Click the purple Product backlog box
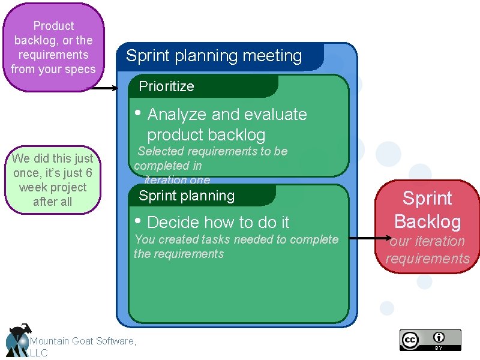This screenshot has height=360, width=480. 53,47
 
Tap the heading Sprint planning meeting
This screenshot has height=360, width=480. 214,56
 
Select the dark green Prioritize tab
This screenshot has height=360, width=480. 167,86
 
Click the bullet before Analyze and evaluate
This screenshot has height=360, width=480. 138,113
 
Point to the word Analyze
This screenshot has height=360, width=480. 173,115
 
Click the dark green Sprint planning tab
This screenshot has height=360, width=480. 187,196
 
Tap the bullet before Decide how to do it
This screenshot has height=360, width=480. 138,221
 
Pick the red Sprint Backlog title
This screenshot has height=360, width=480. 427,209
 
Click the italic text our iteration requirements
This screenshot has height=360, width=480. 427,250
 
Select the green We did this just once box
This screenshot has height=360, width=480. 53,180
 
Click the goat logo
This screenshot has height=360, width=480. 18,341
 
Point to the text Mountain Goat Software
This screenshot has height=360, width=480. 83,341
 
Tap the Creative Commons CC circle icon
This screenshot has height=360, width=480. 410,339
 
